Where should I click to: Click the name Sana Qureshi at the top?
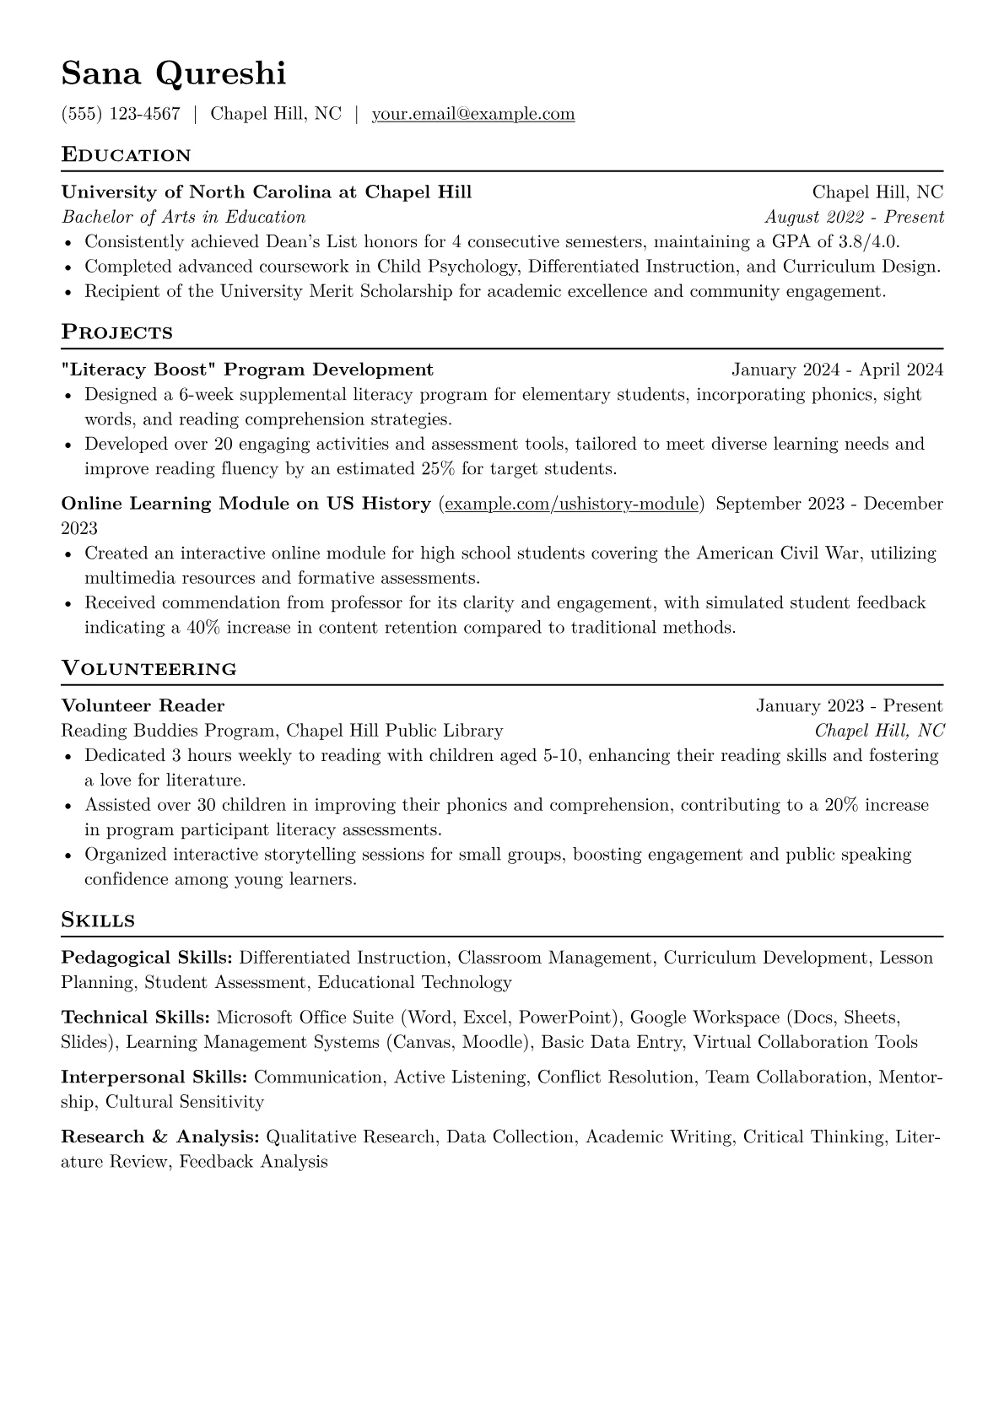click(174, 73)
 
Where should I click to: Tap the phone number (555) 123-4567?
click(121, 114)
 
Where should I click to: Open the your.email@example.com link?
click(473, 114)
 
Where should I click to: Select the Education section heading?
click(127, 155)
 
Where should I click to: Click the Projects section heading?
click(117, 332)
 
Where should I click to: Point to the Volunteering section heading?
click(149, 669)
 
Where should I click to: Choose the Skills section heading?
click(98, 921)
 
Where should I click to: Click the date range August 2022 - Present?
click(854, 218)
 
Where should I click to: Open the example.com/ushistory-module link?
click(571, 505)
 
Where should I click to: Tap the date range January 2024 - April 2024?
click(837, 370)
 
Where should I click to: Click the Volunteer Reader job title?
click(143, 706)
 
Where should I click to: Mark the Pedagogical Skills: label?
click(148, 958)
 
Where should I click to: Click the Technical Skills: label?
click(136, 1018)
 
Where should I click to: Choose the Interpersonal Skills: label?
click(154, 1077)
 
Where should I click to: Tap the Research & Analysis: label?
click(160, 1137)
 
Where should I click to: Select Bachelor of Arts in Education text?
click(184, 218)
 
